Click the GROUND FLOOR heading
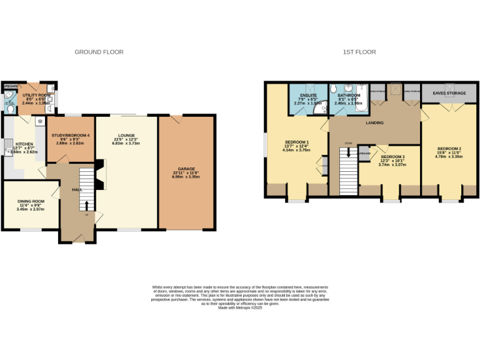click(99, 52)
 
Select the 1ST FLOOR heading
click(359, 52)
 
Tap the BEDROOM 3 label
click(393, 156)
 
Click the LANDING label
click(375, 122)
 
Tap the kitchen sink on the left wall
click(7, 147)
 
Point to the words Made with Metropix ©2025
click(240, 307)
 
